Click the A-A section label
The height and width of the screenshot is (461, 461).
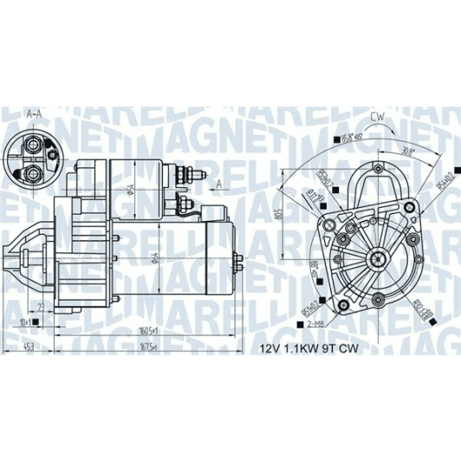(35, 114)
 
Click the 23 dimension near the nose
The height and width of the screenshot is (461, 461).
(41, 305)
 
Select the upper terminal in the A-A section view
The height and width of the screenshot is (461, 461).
(34, 146)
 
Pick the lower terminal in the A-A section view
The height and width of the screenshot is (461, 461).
(34, 174)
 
